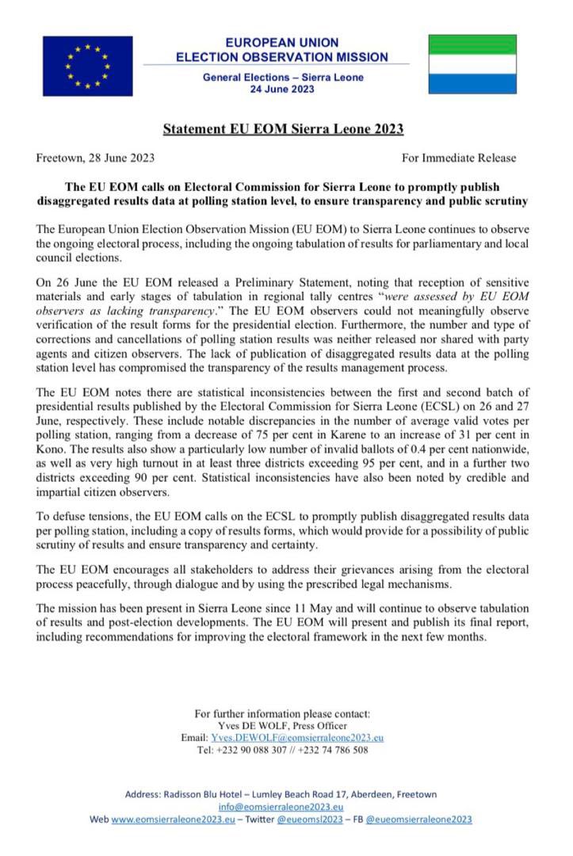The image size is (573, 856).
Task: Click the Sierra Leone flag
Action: click(x=472, y=64)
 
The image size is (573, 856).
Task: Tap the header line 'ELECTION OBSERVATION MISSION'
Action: click(x=282, y=57)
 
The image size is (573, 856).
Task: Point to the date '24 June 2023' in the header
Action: click(x=282, y=89)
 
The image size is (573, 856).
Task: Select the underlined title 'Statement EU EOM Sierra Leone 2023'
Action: click(x=283, y=128)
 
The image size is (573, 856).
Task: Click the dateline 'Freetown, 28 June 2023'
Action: click(x=95, y=158)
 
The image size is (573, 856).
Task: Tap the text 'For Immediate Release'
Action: click(x=458, y=158)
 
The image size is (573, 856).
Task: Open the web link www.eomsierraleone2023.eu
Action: click(x=173, y=820)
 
